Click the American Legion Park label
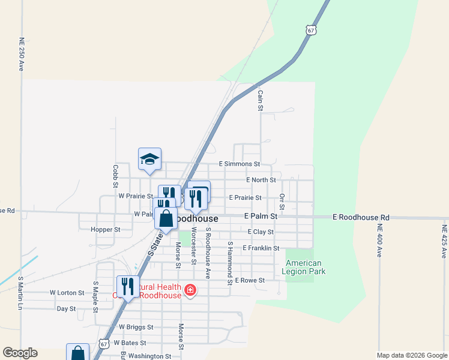(303, 267)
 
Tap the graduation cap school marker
(149, 159)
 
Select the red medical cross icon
(190, 291)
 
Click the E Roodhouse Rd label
(361, 217)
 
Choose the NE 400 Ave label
(379, 241)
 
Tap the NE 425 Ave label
(444, 241)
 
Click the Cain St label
(261, 100)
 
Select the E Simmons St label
(240, 163)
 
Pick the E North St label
(261, 179)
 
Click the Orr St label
(282, 202)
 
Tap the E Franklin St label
(261, 248)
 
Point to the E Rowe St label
(250, 280)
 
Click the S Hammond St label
(230, 263)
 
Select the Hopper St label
(105, 229)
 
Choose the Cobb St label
(115, 176)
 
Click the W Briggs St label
(136, 327)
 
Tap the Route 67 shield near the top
(310, 30)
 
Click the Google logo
(20, 353)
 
